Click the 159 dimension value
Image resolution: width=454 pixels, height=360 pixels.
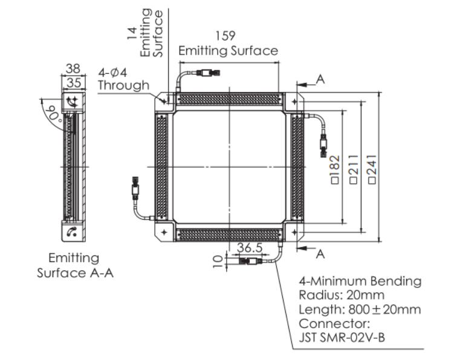pyautogui.click(x=228, y=36)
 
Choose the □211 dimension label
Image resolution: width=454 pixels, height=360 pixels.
pyautogui.click(x=354, y=169)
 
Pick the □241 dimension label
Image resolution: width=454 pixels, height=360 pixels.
pyautogui.click(x=371, y=169)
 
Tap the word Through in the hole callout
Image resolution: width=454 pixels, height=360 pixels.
pyautogui.click(x=123, y=85)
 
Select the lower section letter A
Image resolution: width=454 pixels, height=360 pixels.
pyautogui.click(x=320, y=254)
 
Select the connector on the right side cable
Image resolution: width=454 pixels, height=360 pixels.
pyautogui.click(x=323, y=145)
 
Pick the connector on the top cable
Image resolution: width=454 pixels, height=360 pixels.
pyautogui.click(x=209, y=74)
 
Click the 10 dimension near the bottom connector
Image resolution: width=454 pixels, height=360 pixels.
pyautogui.click(x=218, y=261)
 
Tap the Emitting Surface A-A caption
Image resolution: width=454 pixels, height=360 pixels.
pyautogui.click(x=74, y=265)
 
